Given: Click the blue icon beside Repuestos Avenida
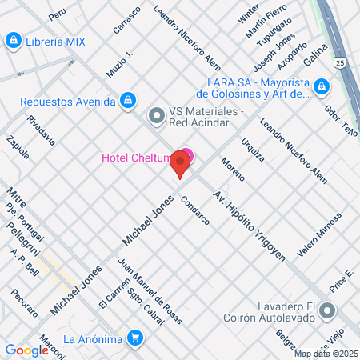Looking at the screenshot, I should point(127,100).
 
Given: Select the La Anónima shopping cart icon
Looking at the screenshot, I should point(134,338).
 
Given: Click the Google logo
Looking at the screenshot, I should point(26,350).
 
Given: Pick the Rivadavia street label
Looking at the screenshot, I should point(41,130).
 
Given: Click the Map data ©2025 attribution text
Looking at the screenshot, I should point(326,354).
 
